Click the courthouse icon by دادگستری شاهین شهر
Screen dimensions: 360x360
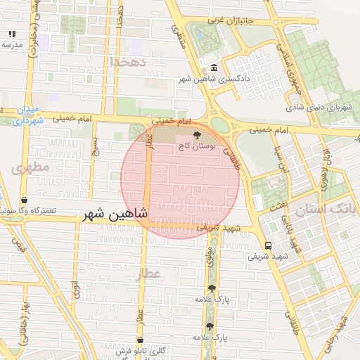[x=214, y=67]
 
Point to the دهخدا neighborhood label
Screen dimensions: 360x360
[x=127, y=62]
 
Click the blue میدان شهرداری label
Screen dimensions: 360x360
[x=29, y=115]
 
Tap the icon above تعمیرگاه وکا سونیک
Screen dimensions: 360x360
[x=25, y=200]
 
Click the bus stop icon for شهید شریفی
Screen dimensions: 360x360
[x=268, y=245]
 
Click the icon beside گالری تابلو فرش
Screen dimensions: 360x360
[x=141, y=344]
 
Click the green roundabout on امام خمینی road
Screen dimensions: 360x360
[x=219, y=125]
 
